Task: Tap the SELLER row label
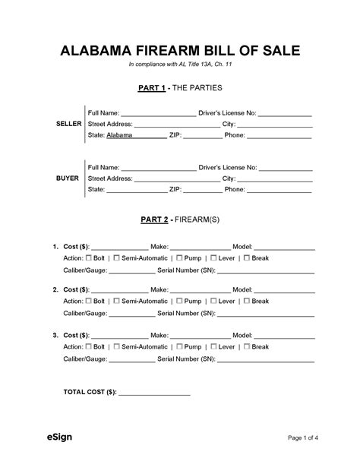tap(69, 123)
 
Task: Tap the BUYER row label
tap(68, 177)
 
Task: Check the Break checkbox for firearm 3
tap(245, 347)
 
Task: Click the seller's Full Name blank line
tap(159, 113)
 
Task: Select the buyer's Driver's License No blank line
tap(285, 167)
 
